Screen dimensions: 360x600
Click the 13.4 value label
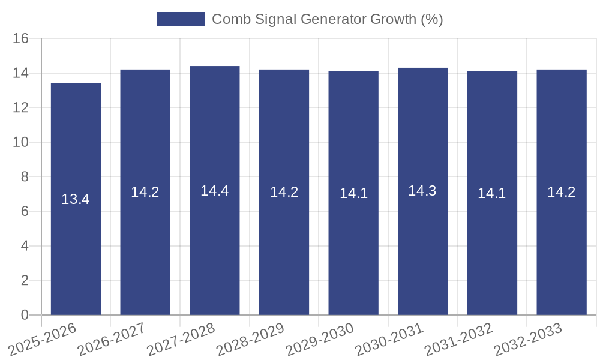(76, 199)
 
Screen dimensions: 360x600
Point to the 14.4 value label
(215, 191)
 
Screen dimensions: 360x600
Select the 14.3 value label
(423, 191)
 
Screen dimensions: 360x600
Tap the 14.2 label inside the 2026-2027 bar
(145, 192)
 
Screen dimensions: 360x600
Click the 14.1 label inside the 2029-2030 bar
(353, 193)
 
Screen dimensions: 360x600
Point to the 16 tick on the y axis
(21, 39)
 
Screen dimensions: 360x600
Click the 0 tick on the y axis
(25, 315)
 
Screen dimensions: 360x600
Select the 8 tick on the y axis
(25, 177)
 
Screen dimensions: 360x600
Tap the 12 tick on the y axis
(21, 108)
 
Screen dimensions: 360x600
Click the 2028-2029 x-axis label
(250, 340)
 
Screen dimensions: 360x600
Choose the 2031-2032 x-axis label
(458, 340)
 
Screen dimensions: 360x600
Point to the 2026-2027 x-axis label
(112, 340)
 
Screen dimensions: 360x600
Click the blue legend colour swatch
(180, 19)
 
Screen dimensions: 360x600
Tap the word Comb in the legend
(229, 19)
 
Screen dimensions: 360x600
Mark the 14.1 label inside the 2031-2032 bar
(492, 193)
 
